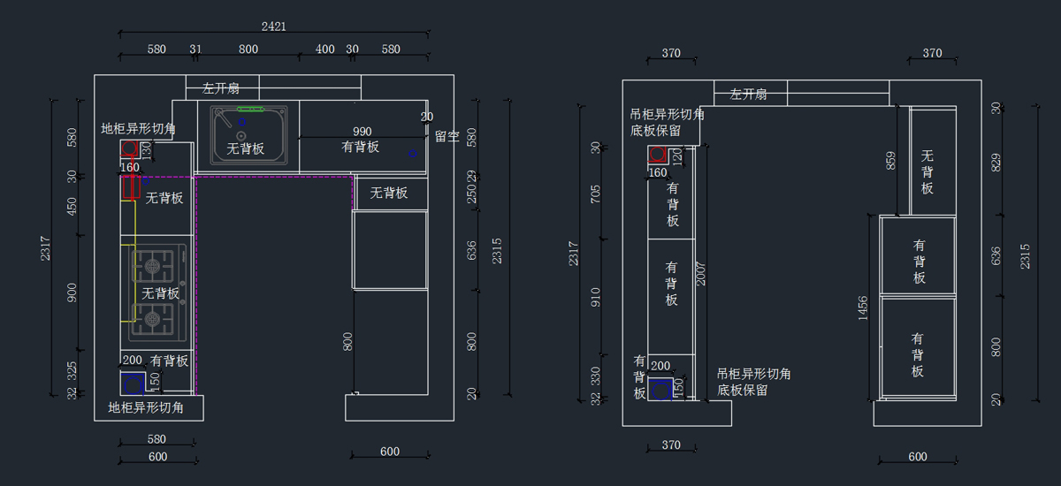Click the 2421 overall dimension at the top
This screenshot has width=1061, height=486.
(274, 27)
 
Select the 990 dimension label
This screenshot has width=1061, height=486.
(363, 132)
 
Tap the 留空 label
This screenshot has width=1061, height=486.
(447, 136)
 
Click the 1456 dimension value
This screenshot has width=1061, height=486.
(863, 308)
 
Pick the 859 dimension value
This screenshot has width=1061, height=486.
(891, 160)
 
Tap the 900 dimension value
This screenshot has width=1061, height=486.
(73, 292)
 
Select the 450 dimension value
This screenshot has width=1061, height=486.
(73, 206)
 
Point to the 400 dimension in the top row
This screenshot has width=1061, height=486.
(325, 49)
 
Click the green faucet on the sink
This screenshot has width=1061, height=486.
(250, 110)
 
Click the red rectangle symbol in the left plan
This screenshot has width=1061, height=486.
(133, 187)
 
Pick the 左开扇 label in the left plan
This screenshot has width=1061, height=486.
(220, 88)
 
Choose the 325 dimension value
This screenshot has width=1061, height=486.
(73, 368)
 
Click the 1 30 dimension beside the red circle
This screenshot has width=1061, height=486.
(147, 151)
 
